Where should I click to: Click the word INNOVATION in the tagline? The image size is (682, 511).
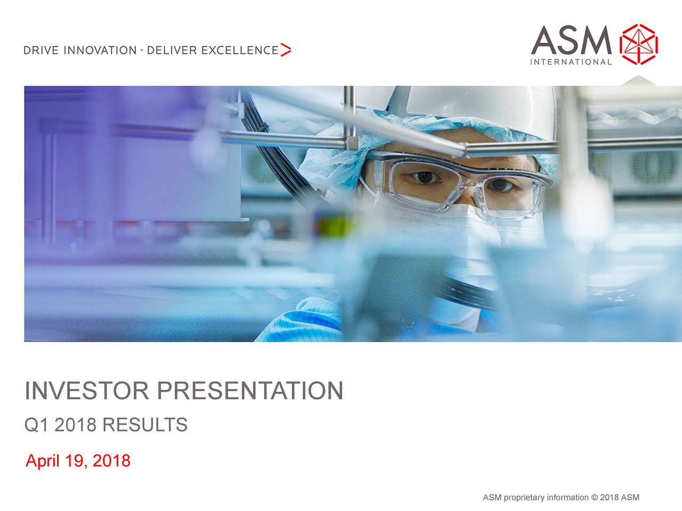pos(100,51)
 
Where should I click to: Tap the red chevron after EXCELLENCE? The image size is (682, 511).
pos(286,50)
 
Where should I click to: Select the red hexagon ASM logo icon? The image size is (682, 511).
pos(639,44)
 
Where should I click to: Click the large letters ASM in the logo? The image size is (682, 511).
pos(571,40)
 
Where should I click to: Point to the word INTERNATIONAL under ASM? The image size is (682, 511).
pos(571,62)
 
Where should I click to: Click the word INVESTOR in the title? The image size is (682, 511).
pos(87,391)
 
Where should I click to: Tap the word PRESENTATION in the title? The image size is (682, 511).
pos(249,391)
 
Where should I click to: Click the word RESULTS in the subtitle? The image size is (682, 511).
pos(144,425)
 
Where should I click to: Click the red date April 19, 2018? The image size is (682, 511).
pos(78,460)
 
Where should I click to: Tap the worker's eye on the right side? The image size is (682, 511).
pos(501,185)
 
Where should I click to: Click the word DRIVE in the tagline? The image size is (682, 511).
pos(42,51)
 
